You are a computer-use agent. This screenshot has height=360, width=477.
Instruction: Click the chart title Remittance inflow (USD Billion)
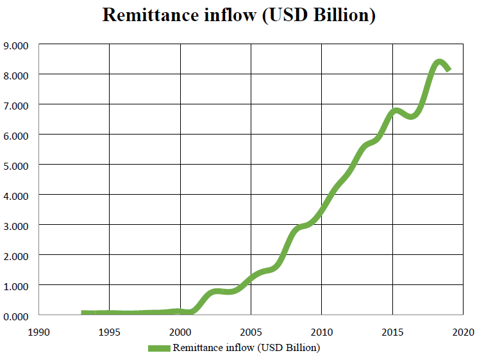coord(238,15)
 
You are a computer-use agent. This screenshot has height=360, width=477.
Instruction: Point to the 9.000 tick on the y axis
coord(17,45)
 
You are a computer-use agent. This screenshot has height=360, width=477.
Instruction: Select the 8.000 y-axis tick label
coord(17,75)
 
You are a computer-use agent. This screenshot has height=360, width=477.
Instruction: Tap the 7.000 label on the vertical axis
coord(17,105)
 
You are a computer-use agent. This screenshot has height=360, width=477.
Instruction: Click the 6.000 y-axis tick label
coord(17,135)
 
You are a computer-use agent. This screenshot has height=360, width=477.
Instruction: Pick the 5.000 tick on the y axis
coord(17,165)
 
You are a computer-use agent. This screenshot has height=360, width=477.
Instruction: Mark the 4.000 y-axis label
coord(17,195)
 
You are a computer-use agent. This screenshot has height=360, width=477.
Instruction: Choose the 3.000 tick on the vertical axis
coord(17,225)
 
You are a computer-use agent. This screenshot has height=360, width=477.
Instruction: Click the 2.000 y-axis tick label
coord(17,256)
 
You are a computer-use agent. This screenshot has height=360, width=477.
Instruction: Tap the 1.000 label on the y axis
coord(17,286)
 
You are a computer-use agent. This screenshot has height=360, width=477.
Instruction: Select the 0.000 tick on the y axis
coord(17,316)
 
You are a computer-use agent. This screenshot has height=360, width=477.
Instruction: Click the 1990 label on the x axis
coord(39,332)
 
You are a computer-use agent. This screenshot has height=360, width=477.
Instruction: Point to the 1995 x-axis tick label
coord(110,332)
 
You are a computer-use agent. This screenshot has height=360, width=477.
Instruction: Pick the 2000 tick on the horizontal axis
coord(180,332)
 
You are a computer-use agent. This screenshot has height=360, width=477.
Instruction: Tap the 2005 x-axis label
coord(251,332)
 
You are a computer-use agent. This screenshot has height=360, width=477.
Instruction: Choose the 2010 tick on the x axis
coord(321,332)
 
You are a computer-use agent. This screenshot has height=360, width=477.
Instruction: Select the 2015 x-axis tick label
coord(392,332)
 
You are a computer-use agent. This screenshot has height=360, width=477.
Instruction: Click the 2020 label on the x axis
coord(462,332)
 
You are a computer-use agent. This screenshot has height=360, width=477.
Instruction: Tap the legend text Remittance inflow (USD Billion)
coord(246,348)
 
